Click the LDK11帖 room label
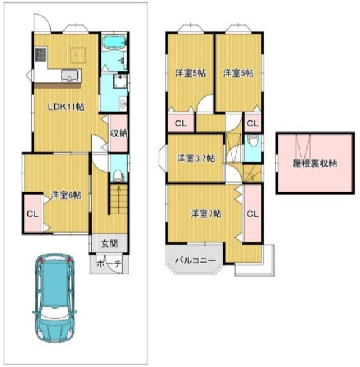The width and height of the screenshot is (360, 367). (66, 107)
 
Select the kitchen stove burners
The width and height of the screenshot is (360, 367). (41, 54)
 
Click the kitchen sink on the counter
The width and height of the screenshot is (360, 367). (70, 75)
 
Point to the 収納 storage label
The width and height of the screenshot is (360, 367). (119, 134)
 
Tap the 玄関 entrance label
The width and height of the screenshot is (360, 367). (109, 244)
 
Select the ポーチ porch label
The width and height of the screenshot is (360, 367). (109, 264)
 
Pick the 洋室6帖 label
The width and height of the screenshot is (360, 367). (66, 195)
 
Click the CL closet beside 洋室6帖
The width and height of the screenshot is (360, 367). (33, 214)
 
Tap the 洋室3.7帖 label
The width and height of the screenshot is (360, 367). (196, 158)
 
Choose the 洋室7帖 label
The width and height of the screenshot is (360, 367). (206, 214)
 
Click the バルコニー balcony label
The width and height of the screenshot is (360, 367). (195, 260)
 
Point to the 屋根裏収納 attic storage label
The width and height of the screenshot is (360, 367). (315, 164)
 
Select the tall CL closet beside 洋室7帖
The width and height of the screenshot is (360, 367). (253, 214)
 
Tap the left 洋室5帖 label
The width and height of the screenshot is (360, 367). (190, 73)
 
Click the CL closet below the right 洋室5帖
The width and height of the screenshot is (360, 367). (253, 123)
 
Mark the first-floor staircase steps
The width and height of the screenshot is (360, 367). (119, 199)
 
